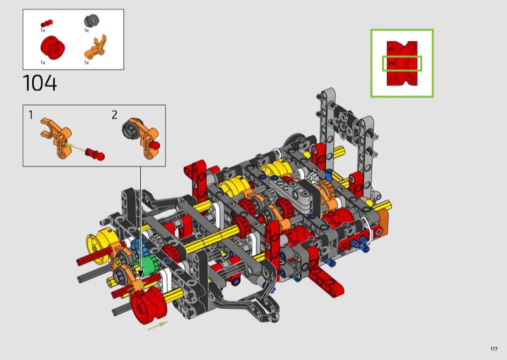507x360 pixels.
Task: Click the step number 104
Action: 40,83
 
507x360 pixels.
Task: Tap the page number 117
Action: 494,349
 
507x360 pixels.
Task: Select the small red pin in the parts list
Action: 46,23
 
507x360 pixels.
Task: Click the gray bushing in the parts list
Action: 89,21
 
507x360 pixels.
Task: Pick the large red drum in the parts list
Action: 53,48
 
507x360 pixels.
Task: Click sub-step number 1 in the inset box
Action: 30,115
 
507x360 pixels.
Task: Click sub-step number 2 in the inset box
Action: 115,115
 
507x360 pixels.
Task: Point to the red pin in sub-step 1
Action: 95,154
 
